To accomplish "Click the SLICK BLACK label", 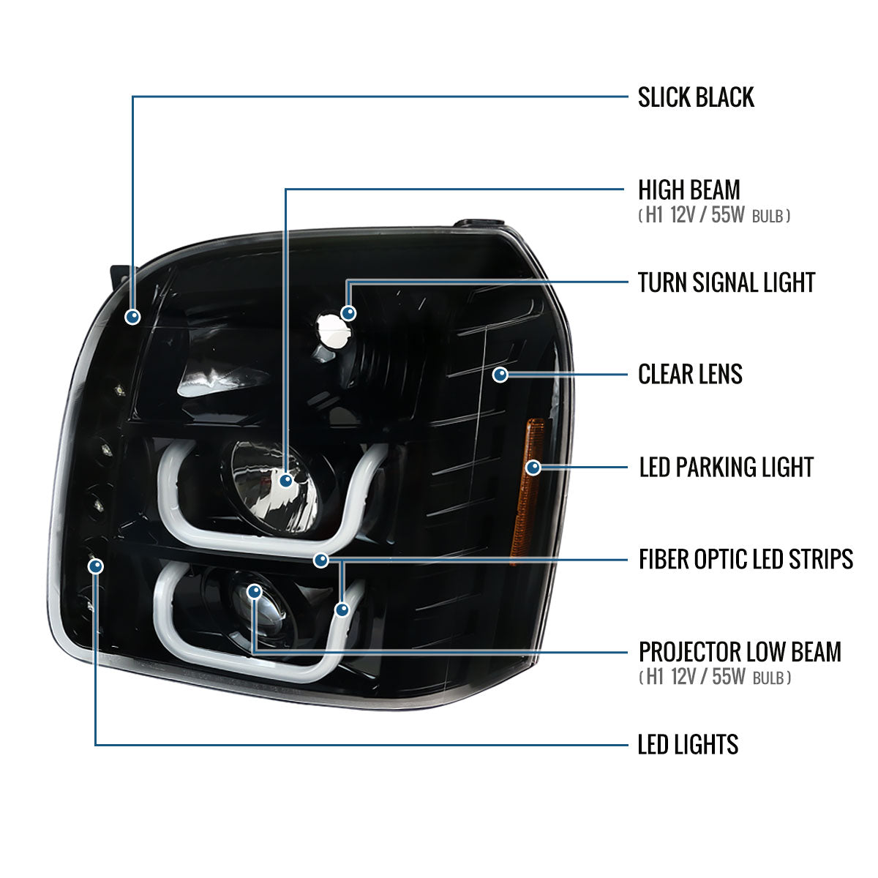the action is pyautogui.click(x=696, y=97).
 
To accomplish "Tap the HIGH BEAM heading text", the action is pyautogui.click(x=689, y=190).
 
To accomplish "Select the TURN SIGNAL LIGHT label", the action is pyautogui.click(x=727, y=282).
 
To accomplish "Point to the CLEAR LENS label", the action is pyautogui.click(x=690, y=375).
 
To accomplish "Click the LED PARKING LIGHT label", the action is pyautogui.click(x=727, y=468).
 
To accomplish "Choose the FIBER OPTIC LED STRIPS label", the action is pyautogui.click(x=746, y=560).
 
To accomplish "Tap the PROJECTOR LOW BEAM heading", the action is pyautogui.click(x=740, y=652).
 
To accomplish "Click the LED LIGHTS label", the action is pyautogui.click(x=688, y=745).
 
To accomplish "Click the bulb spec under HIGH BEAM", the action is pyautogui.click(x=714, y=215).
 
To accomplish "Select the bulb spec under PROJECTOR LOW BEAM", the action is pyautogui.click(x=714, y=677).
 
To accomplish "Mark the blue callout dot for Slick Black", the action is pyautogui.click(x=132, y=317).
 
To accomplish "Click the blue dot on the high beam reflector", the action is pyautogui.click(x=285, y=480).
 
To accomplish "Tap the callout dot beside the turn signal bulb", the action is pyautogui.click(x=348, y=313).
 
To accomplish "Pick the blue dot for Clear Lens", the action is pyautogui.click(x=500, y=375).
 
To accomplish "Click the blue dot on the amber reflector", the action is pyautogui.click(x=533, y=468).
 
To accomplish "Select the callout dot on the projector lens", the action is pyautogui.click(x=254, y=592).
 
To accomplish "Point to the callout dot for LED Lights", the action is pyautogui.click(x=96, y=566).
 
